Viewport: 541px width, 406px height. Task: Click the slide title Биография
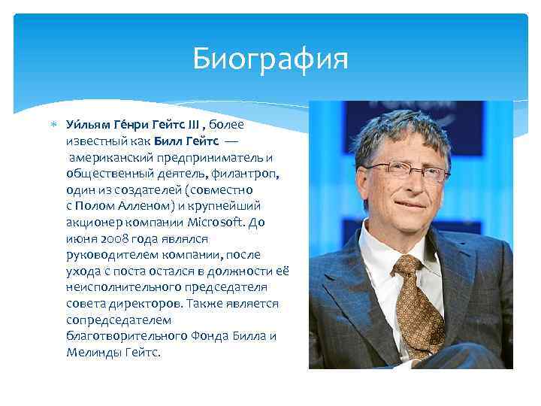[x=270, y=58]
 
